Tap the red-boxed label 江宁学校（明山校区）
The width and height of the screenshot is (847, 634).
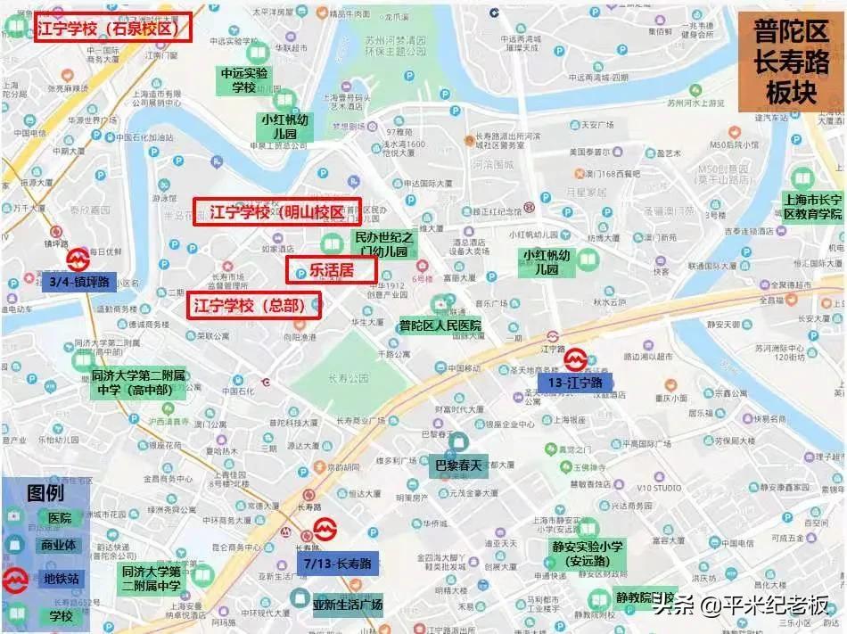tap(277, 212)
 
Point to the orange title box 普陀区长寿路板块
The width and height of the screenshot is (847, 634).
tap(790, 62)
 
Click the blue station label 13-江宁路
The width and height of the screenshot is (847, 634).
tap(575, 382)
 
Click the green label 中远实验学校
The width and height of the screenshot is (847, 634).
tap(244, 80)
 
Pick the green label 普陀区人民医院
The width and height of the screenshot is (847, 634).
tap(440, 326)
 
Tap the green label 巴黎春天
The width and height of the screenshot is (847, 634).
tap(457, 465)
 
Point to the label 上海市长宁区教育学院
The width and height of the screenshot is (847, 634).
tap(811, 207)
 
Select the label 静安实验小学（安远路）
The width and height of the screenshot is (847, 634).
tap(588, 554)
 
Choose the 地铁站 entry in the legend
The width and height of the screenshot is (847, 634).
tap(61, 578)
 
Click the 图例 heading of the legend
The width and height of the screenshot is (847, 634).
tap(46, 492)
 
